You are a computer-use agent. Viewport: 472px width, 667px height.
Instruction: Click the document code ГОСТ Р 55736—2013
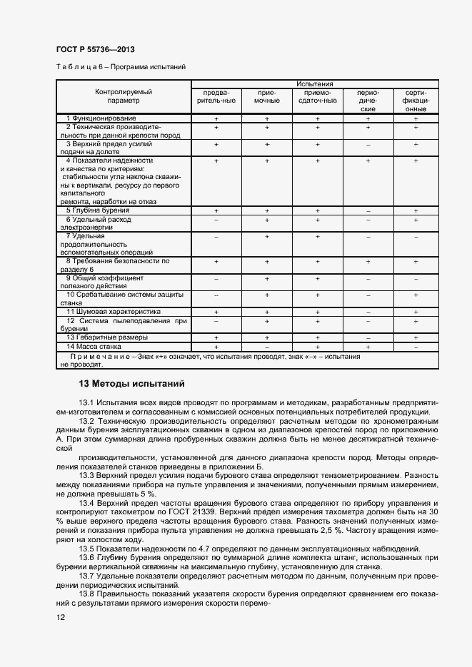95,49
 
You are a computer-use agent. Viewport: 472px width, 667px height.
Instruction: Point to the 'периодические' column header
368,101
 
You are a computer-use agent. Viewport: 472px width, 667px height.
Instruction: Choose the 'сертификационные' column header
416,101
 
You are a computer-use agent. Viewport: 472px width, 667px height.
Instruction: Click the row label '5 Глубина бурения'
98,211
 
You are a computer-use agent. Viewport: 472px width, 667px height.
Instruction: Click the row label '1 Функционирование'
101,118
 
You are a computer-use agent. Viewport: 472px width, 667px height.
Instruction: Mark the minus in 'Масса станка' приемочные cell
266,346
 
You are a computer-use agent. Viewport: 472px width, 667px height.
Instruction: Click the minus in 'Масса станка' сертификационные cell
416,346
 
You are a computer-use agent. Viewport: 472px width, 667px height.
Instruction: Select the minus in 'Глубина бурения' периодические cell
368,211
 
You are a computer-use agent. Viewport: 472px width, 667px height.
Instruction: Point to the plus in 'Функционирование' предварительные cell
216,118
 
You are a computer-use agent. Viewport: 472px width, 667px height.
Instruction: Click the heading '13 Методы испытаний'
132,384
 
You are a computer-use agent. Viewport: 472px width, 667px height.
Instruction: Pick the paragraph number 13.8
86,594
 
